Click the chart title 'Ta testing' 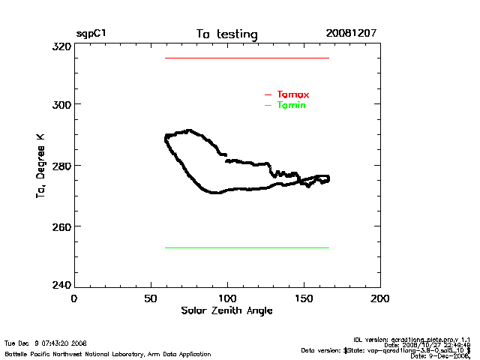coord(226,34)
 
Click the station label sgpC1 coord(90,34)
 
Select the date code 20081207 coord(351,34)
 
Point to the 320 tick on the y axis coord(62,46)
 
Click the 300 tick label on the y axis coord(62,104)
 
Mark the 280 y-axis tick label coord(62,165)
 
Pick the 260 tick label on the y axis coord(62,226)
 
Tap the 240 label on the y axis coord(62,286)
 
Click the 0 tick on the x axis coord(73,298)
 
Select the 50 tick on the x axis coord(150,298)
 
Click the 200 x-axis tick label coord(380,298)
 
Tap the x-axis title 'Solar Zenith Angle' coord(226,310)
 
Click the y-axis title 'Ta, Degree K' coord(40,165)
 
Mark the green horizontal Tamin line coord(247,247)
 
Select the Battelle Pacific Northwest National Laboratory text coord(108,353)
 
